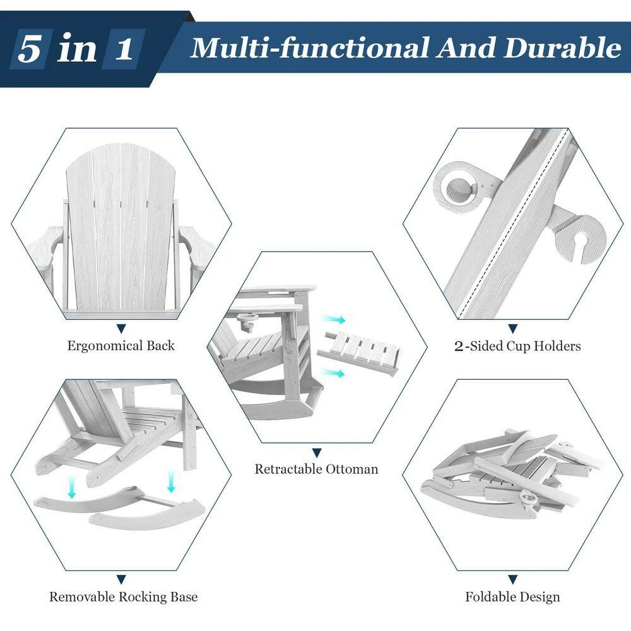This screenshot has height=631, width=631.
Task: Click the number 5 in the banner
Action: [30, 49]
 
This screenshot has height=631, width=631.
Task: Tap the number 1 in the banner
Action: [124, 49]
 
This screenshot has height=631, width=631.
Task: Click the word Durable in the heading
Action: [562, 48]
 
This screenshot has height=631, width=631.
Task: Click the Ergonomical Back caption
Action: [121, 346]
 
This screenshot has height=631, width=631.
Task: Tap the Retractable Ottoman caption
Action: [316, 469]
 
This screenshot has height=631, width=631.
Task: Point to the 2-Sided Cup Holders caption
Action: [517, 346]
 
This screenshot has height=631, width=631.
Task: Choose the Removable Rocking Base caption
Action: [123, 596]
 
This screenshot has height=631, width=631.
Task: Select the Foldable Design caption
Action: [512, 596]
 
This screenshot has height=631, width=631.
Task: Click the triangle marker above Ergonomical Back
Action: [121, 328]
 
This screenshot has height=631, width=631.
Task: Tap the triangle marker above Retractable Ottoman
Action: [317, 452]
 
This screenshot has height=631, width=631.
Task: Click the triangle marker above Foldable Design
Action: [512, 579]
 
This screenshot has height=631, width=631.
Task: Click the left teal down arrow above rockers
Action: [72, 487]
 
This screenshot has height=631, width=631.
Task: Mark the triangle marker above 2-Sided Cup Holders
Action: [512, 329]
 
